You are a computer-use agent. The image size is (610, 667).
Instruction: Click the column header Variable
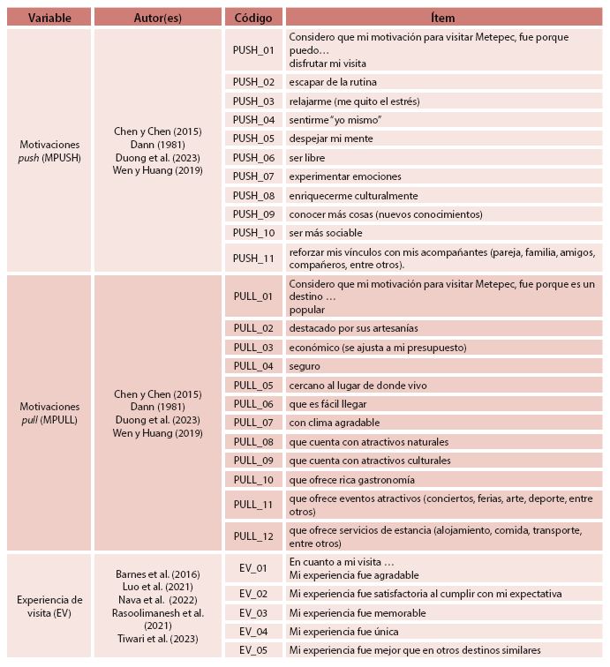point(49,17)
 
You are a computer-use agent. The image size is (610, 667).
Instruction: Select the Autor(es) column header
point(158,17)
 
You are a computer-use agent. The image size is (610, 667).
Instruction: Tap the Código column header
point(253,17)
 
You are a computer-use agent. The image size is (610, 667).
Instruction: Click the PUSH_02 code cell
point(253,82)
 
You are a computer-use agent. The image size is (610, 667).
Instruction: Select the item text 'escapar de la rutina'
point(333,82)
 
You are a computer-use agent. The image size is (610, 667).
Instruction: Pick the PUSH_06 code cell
point(253,158)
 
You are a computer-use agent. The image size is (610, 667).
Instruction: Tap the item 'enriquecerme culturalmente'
point(353,196)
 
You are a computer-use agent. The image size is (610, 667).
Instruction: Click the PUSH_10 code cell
point(253,233)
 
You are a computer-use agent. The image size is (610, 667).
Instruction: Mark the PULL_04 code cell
point(253,366)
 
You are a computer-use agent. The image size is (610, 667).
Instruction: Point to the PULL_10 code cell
point(253,480)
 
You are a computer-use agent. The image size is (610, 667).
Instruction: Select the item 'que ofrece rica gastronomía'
point(351,480)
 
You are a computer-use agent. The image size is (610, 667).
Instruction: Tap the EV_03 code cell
point(253,613)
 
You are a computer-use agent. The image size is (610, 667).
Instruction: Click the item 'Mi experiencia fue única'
point(343,632)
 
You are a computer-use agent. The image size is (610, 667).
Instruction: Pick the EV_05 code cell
point(253,651)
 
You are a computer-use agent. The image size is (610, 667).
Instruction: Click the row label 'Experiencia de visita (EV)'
point(49,607)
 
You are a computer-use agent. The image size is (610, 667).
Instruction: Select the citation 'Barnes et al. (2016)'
point(158,573)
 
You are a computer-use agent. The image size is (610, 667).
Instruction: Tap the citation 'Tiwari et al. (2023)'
point(158,639)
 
